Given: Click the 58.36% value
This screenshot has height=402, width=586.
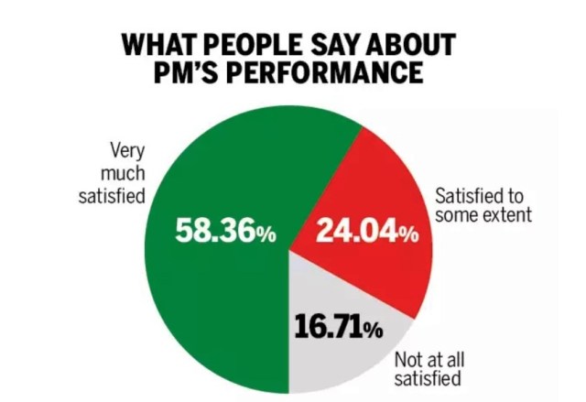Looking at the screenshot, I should click(225, 232).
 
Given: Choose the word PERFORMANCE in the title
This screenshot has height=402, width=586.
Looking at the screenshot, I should click(331, 72).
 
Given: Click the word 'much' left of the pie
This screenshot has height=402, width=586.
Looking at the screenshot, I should click(126, 171).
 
